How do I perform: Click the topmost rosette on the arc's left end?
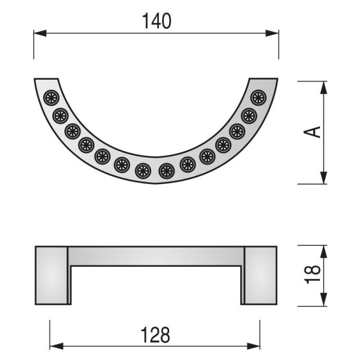click(52, 97)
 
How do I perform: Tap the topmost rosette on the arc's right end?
click(258, 97)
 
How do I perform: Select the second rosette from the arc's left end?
click(60, 115)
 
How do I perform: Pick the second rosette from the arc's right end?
click(249, 116)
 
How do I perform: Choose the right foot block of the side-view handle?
click(260, 275)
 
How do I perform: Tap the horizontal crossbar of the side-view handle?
click(156, 256)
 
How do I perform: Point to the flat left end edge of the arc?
click(46, 80)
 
